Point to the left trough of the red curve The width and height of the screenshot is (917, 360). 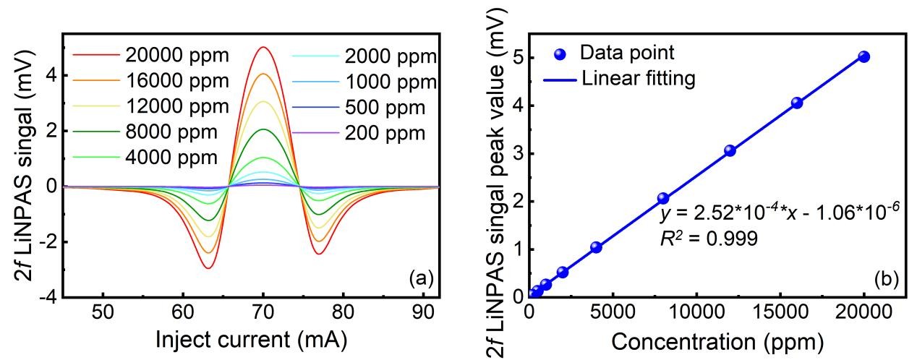(x=209, y=268)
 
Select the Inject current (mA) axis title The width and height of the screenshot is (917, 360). (x=251, y=338)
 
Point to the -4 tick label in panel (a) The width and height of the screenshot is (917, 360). (x=48, y=297)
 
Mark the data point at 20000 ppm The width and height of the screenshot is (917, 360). (x=863, y=56)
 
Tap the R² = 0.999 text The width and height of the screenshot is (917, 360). (x=709, y=238)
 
